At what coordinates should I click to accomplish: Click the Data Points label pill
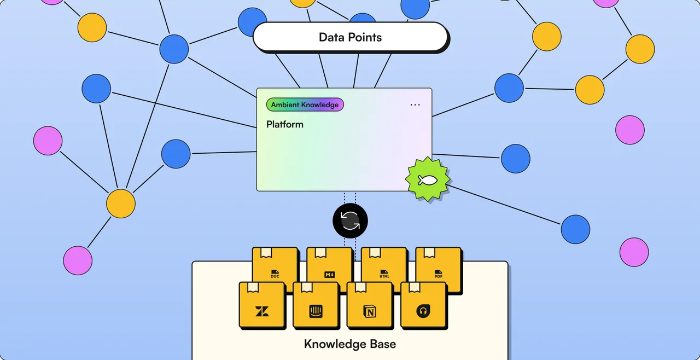pos(351,37)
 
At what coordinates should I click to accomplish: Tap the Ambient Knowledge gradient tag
pos(305,104)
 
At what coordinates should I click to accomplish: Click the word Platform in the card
pos(285,124)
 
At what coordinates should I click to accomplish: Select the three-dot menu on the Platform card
pos(415,105)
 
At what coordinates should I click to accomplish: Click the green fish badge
pos(428,179)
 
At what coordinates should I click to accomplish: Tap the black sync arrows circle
pos(350,220)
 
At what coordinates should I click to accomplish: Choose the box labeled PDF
pos(439,269)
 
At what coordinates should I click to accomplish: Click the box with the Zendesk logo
pos(262,305)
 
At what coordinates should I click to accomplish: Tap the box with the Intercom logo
pos(316,305)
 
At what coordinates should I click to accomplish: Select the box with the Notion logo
pos(370,305)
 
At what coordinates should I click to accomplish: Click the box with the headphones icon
pos(424,305)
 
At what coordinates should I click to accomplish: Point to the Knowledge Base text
pos(350,344)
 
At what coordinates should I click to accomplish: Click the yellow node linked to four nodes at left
pos(121,204)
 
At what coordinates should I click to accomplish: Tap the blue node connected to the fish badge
pos(575,229)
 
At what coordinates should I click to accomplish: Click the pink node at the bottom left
pos(78,260)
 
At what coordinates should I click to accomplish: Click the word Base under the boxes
pos(383,344)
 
